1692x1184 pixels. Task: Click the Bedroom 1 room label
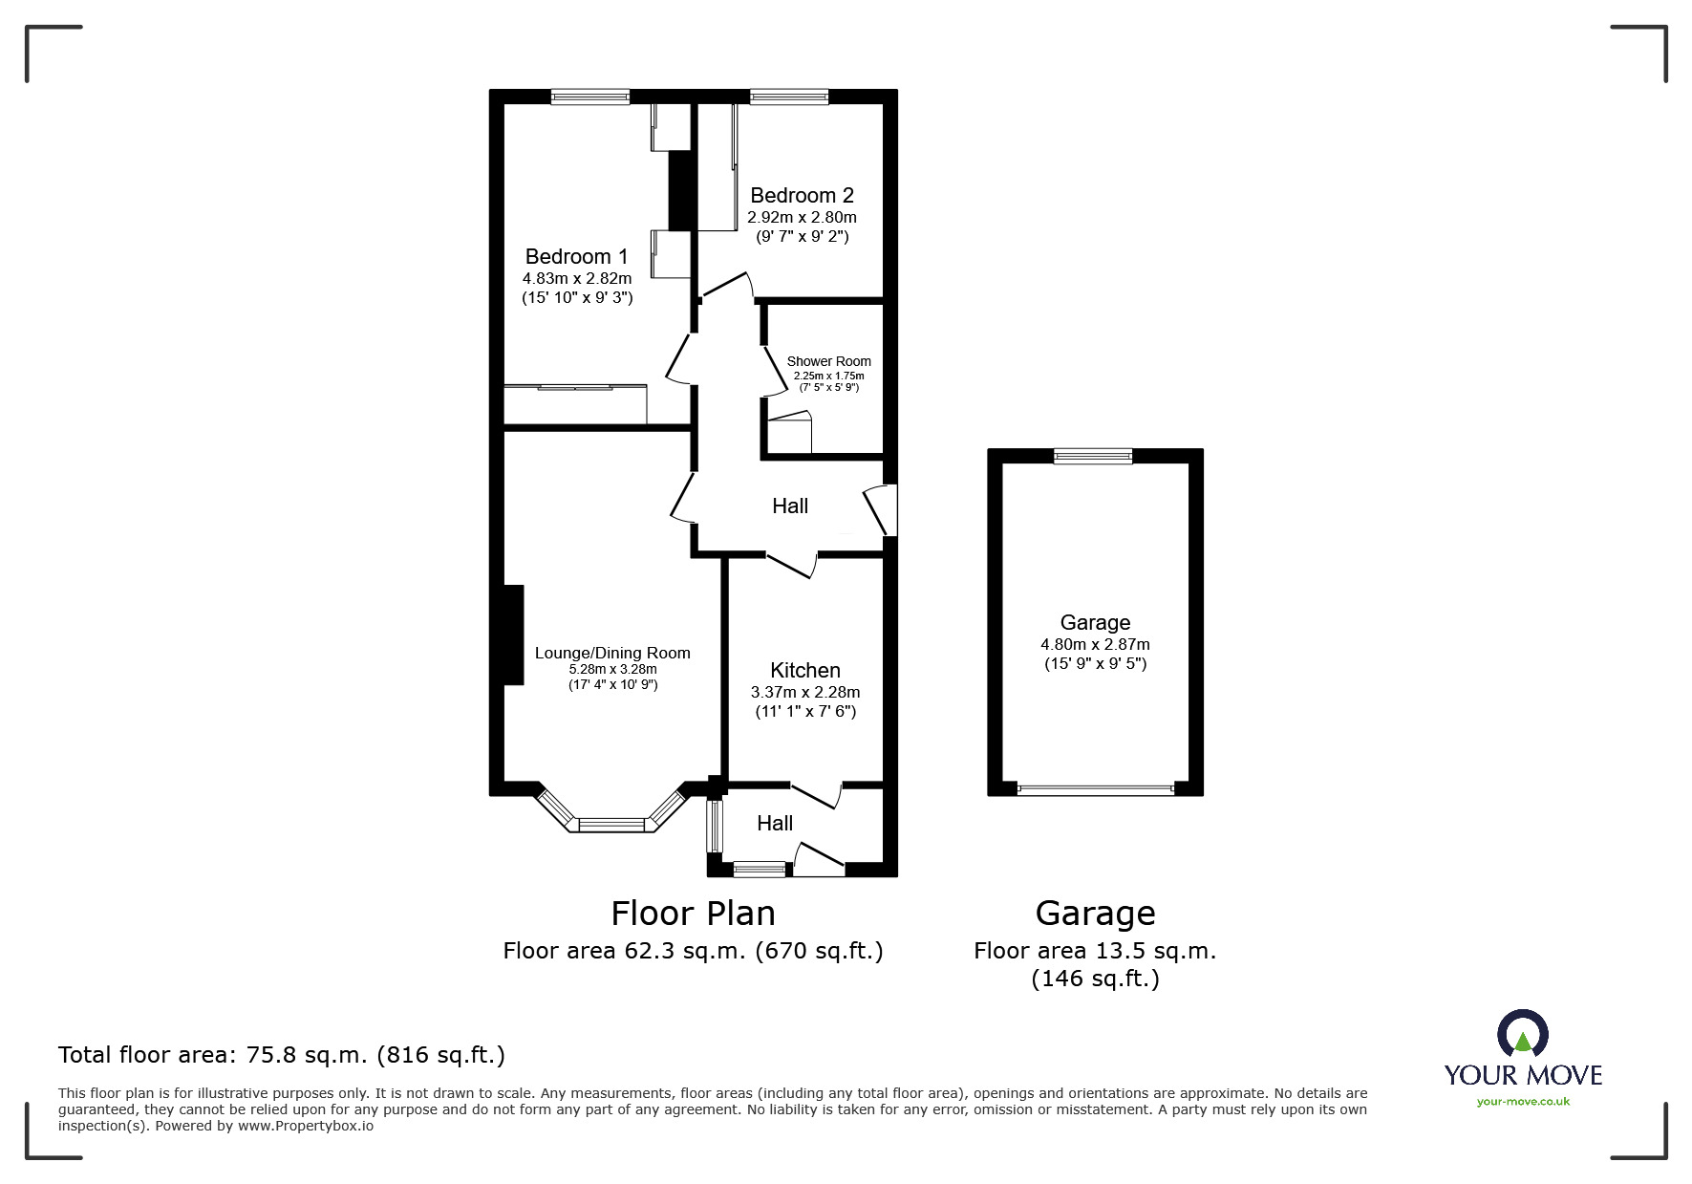tap(576, 256)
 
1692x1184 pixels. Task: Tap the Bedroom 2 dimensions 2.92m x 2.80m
tap(801, 217)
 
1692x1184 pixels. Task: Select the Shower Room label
tap(828, 361)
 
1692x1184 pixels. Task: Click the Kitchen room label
tap(805, 670)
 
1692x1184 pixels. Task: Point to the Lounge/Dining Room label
tap(611, 653)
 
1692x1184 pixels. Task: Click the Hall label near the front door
tap(775, 823)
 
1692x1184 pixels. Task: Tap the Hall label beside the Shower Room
tap(789, 506)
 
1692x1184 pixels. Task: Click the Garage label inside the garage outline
tap(1095, 622)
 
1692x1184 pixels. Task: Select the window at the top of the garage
tap(1093, 457)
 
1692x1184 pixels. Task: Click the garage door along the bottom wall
tap(1095, 789)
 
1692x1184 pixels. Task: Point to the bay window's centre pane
tap(612, 824)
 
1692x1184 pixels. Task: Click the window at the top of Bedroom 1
tap(589, 97)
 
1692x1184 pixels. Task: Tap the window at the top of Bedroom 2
tap(788, 97)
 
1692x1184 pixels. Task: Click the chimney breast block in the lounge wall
tap(512, 635)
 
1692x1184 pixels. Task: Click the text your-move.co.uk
tap(1522, 1102)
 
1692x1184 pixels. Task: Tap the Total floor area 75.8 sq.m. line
tap(281, 1055)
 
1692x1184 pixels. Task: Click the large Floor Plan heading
tap(693, 914)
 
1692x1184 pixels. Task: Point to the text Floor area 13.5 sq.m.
tap(1094, 951)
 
